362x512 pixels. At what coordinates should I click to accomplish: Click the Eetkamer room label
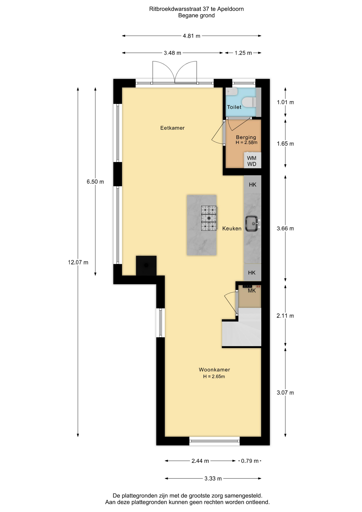pos(172,128)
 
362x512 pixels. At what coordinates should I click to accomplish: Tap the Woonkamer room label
pos(214,370)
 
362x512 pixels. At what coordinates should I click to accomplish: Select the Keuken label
pos(232,229)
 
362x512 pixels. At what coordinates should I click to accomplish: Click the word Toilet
pos(234,107)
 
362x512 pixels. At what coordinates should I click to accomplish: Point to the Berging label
pos(246,137)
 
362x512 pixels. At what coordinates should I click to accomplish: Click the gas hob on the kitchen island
pos(209,218)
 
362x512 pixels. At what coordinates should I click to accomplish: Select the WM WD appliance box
pos(252,160)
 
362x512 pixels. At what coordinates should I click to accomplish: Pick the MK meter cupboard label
pos(252,291)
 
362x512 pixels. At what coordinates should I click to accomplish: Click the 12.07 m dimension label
pos(78,262)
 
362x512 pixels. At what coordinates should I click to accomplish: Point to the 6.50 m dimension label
pos(95,182)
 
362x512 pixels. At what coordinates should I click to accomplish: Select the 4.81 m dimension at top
pos(191,36)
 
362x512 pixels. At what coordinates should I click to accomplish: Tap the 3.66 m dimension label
pos(285,229)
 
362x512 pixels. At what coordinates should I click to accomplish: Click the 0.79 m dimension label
pos(250,461)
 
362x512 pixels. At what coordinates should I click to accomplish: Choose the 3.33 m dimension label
pos(213,479)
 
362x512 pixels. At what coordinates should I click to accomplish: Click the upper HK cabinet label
pos(252,185)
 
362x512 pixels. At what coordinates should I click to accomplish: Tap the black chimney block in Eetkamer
pos(146,266)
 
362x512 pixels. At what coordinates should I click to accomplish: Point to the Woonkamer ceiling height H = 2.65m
pos(214,377)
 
